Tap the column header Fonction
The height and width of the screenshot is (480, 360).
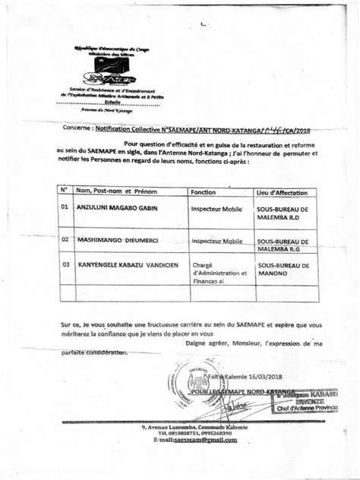pos(204,193)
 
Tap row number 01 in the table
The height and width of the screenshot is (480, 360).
pos(65,206)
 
